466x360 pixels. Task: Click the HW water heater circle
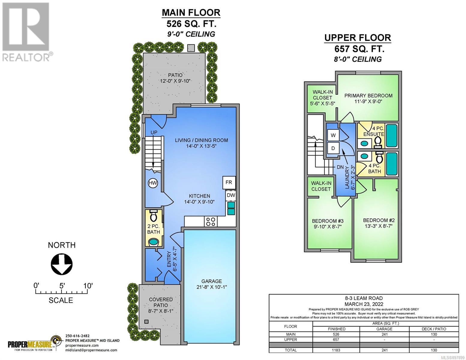153,183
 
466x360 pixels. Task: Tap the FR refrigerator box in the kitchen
229,182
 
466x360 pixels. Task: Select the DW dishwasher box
231,195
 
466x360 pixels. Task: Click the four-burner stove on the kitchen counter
211,221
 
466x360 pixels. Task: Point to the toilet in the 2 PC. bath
153,215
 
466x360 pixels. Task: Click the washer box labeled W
333,135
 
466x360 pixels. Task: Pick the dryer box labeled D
333,148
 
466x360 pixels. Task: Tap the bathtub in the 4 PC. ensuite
392,136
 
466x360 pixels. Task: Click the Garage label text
212,281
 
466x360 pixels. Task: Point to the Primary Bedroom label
368,96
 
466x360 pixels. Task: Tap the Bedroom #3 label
328,221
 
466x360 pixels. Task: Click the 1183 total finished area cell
336,350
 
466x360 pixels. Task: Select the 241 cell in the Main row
384,334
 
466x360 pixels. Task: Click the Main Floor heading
191,13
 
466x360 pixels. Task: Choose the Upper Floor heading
357,38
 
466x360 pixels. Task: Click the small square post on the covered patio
146,322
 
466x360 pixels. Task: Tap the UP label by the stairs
154,133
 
